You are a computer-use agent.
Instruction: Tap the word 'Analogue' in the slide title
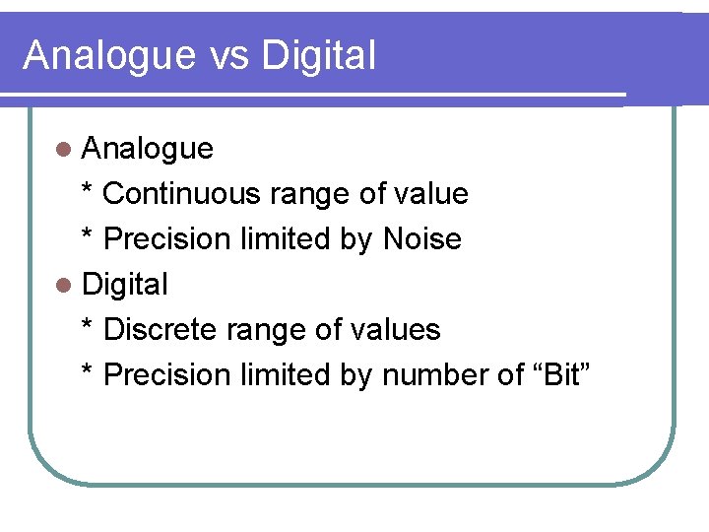[108, 56]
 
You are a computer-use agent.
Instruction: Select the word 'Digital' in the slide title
[318, 56]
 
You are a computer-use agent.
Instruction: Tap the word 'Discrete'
[161, 330]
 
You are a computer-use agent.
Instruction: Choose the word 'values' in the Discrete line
[395, 330]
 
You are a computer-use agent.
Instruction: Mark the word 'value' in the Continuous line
[430, 194]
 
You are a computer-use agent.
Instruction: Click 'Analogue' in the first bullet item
[148, 149]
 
